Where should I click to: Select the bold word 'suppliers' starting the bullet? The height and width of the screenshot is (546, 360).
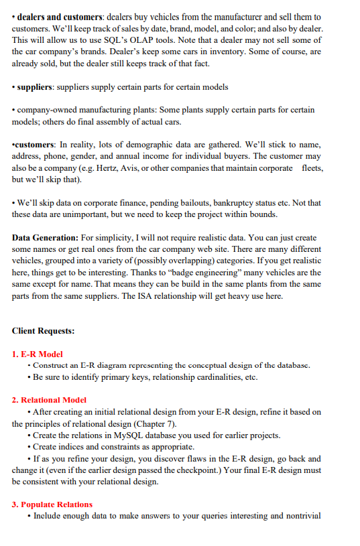(40, 86)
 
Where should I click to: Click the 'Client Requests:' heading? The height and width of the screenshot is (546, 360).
(43, 331)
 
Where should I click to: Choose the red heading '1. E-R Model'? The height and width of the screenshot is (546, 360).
(38, 354)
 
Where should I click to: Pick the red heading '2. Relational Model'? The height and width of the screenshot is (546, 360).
(49, 400)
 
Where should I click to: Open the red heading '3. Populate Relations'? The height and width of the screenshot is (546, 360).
(52, 504)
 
